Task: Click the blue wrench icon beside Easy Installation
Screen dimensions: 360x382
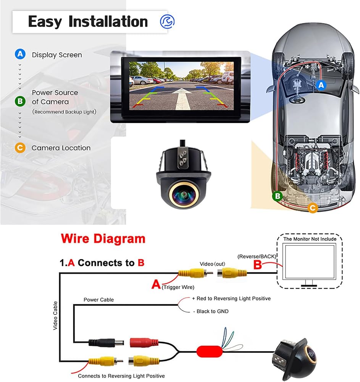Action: (167, 21)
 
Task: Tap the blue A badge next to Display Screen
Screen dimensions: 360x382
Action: (20, 54)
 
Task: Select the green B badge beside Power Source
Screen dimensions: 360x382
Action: (20, 101)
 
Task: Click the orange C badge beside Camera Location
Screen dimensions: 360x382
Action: (20, 147)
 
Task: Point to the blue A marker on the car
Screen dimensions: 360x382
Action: (321, 85)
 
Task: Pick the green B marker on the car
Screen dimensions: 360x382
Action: (277, 196)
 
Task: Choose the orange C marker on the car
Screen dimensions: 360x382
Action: (313, 207)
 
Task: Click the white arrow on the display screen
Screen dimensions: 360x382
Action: (181, 99)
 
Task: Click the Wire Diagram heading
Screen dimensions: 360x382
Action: (103, 238)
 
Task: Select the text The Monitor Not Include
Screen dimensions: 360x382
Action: (310, 239)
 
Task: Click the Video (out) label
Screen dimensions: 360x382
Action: (212, 264)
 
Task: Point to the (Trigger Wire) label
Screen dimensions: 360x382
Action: (178, 287)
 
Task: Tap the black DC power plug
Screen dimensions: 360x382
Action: (106, 343)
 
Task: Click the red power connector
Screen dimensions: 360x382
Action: (144, 343)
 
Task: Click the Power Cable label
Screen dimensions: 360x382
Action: (98, 299)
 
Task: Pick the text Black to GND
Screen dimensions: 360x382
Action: (213, 311)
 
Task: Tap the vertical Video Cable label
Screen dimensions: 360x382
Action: (55, 316)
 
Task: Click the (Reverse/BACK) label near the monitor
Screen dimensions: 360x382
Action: (257, 257)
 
